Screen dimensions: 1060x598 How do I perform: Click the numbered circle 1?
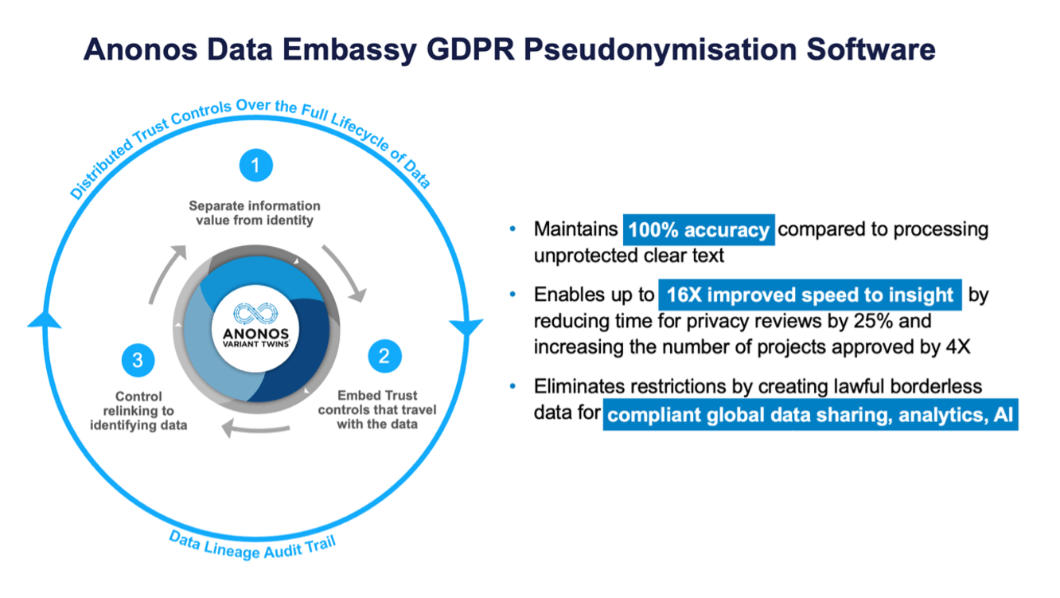(x=256, y=166)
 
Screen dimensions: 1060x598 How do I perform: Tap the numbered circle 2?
(x=384, y=356)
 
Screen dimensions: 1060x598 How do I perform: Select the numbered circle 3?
(x=138, y=361)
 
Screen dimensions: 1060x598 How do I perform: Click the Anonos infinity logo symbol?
(x=255, y=314)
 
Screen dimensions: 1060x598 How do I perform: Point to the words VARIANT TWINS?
(x=255, y=344)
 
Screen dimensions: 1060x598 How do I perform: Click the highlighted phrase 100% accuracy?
(x=699, y=230)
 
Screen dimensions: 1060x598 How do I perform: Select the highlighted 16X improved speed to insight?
(x=809, y=295)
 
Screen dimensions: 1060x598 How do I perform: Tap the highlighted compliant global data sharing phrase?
(x=810, y=415)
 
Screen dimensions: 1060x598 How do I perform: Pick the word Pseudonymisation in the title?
(x=661, y=50)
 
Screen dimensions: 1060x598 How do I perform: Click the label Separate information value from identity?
(x=255, y=213)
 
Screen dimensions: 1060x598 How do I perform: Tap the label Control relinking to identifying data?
(x=138, y=411)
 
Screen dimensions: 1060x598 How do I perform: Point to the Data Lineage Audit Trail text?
(x=252, y=546)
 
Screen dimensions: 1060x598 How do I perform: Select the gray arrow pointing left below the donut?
(x=255, y=429)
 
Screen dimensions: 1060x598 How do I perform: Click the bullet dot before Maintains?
(x=513, y=229)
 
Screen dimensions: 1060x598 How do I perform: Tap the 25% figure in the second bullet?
(x=874, y=321)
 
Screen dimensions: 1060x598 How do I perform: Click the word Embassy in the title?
(x=349, y=50)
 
